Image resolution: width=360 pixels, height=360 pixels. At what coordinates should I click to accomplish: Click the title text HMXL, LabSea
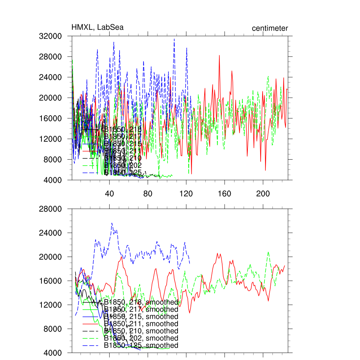tap(97, 27)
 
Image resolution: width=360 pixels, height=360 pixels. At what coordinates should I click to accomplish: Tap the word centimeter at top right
tap(270, 28)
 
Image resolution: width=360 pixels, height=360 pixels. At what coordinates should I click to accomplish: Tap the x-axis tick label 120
tap(186, 194)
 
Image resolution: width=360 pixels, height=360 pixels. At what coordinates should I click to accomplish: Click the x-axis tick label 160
tap(224, 194)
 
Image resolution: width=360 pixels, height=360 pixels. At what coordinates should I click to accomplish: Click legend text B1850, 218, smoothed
tap(141, 302)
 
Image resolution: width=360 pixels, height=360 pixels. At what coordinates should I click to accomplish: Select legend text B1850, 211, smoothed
tap(141, 324)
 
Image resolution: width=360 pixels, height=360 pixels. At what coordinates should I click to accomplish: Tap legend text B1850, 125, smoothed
tap(141, 345)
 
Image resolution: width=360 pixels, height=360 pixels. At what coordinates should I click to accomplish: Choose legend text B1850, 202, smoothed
tap(141, 338)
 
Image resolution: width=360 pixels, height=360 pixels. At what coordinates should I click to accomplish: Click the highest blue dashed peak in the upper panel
tap(174, 39)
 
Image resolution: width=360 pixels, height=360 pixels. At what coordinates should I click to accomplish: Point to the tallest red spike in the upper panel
tap(219, 55)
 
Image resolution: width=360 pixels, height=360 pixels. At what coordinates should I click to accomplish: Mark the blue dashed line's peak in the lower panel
tap(112, 223)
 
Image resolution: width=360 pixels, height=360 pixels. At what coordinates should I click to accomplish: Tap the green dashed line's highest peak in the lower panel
tap(269, 252)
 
